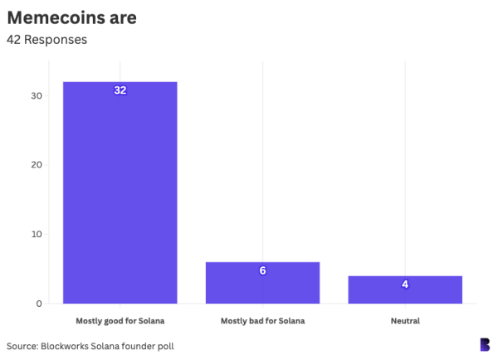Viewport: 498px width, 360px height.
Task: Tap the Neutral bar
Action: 405,289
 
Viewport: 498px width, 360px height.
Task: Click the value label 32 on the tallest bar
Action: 120,90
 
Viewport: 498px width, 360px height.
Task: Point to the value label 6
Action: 262,270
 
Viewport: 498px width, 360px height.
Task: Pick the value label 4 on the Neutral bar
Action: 405,284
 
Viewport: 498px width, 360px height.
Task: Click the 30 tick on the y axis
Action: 37,95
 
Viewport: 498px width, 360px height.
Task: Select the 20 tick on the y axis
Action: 37,164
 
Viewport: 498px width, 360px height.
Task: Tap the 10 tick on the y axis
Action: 37,234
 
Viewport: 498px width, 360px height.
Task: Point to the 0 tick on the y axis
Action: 39,304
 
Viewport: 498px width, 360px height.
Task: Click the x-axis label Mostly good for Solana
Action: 120,321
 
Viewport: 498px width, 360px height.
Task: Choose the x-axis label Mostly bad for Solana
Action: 262,321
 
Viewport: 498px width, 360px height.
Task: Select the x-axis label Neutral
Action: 405,321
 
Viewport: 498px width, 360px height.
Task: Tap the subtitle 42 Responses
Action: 46,39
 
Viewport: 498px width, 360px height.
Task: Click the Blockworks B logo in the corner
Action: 484,344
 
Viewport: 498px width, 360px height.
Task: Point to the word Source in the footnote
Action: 23,345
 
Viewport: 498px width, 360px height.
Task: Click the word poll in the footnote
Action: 165,345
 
